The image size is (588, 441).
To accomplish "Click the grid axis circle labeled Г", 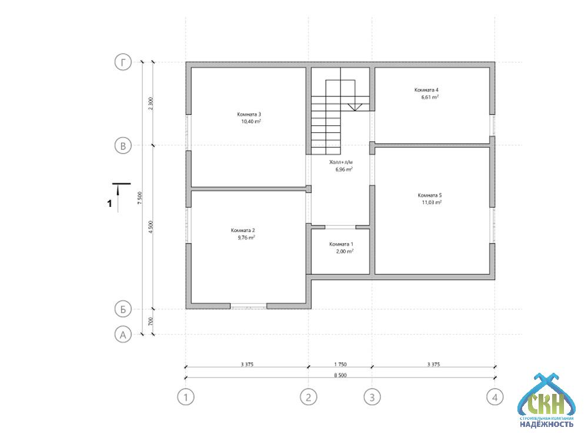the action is click(123, 62).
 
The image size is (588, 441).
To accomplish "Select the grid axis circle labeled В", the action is click(123, 145).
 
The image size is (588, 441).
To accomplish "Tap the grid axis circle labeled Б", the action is click(123, 309).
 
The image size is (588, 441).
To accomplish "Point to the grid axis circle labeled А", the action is click(123, 335).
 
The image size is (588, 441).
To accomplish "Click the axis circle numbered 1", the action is click(186, 397).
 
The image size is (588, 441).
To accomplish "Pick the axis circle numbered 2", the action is click(309, 397).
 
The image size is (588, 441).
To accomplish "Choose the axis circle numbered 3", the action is click(372, 397).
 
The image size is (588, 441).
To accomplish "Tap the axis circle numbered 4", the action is click(495, 397).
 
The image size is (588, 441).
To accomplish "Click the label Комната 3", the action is click(249, 115).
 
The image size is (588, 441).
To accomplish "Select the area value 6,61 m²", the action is click(430, 97).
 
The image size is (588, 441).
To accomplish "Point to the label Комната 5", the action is click(430, 195).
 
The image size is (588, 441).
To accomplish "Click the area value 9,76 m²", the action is click(246, 238).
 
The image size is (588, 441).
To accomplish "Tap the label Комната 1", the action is click(341, 244).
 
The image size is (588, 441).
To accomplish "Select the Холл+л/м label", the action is click(341, 162).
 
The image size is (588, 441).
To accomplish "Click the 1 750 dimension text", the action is click(340, 364).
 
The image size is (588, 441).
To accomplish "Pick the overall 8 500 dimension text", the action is click(340, 375).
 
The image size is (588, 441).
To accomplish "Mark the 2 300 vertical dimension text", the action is click(151, 103).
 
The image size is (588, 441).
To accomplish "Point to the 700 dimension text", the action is click(151, 322).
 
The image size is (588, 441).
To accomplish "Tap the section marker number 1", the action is click(109, 203).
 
